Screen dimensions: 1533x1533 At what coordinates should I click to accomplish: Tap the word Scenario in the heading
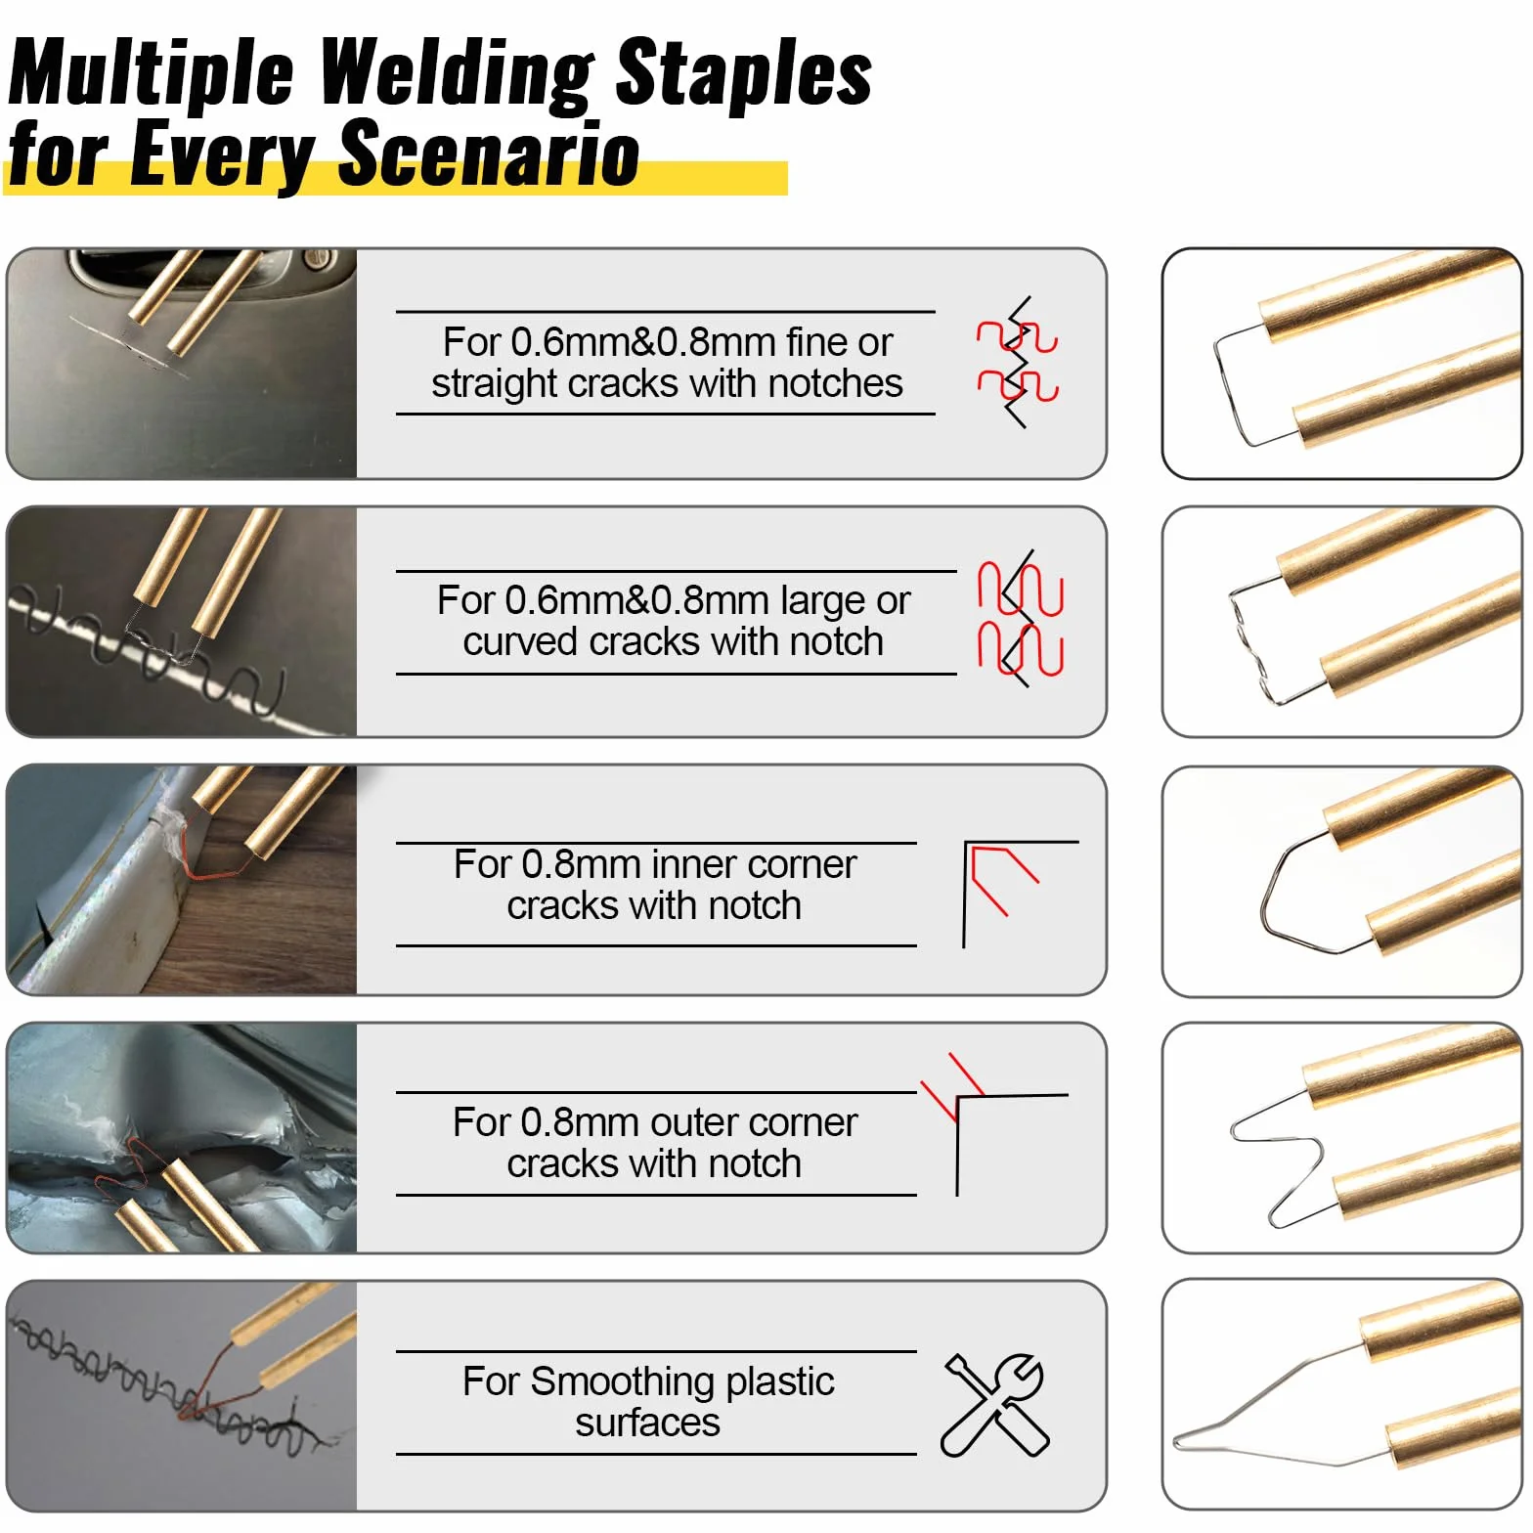point(489,153)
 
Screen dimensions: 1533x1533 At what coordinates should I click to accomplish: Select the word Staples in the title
point(744,74)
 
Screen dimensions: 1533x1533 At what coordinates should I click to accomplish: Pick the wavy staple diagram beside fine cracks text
point(1018,363)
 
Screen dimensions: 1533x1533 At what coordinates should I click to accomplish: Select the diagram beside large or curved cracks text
point(1020,619)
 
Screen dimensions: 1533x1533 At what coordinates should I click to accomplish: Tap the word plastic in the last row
point(779,1382)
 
